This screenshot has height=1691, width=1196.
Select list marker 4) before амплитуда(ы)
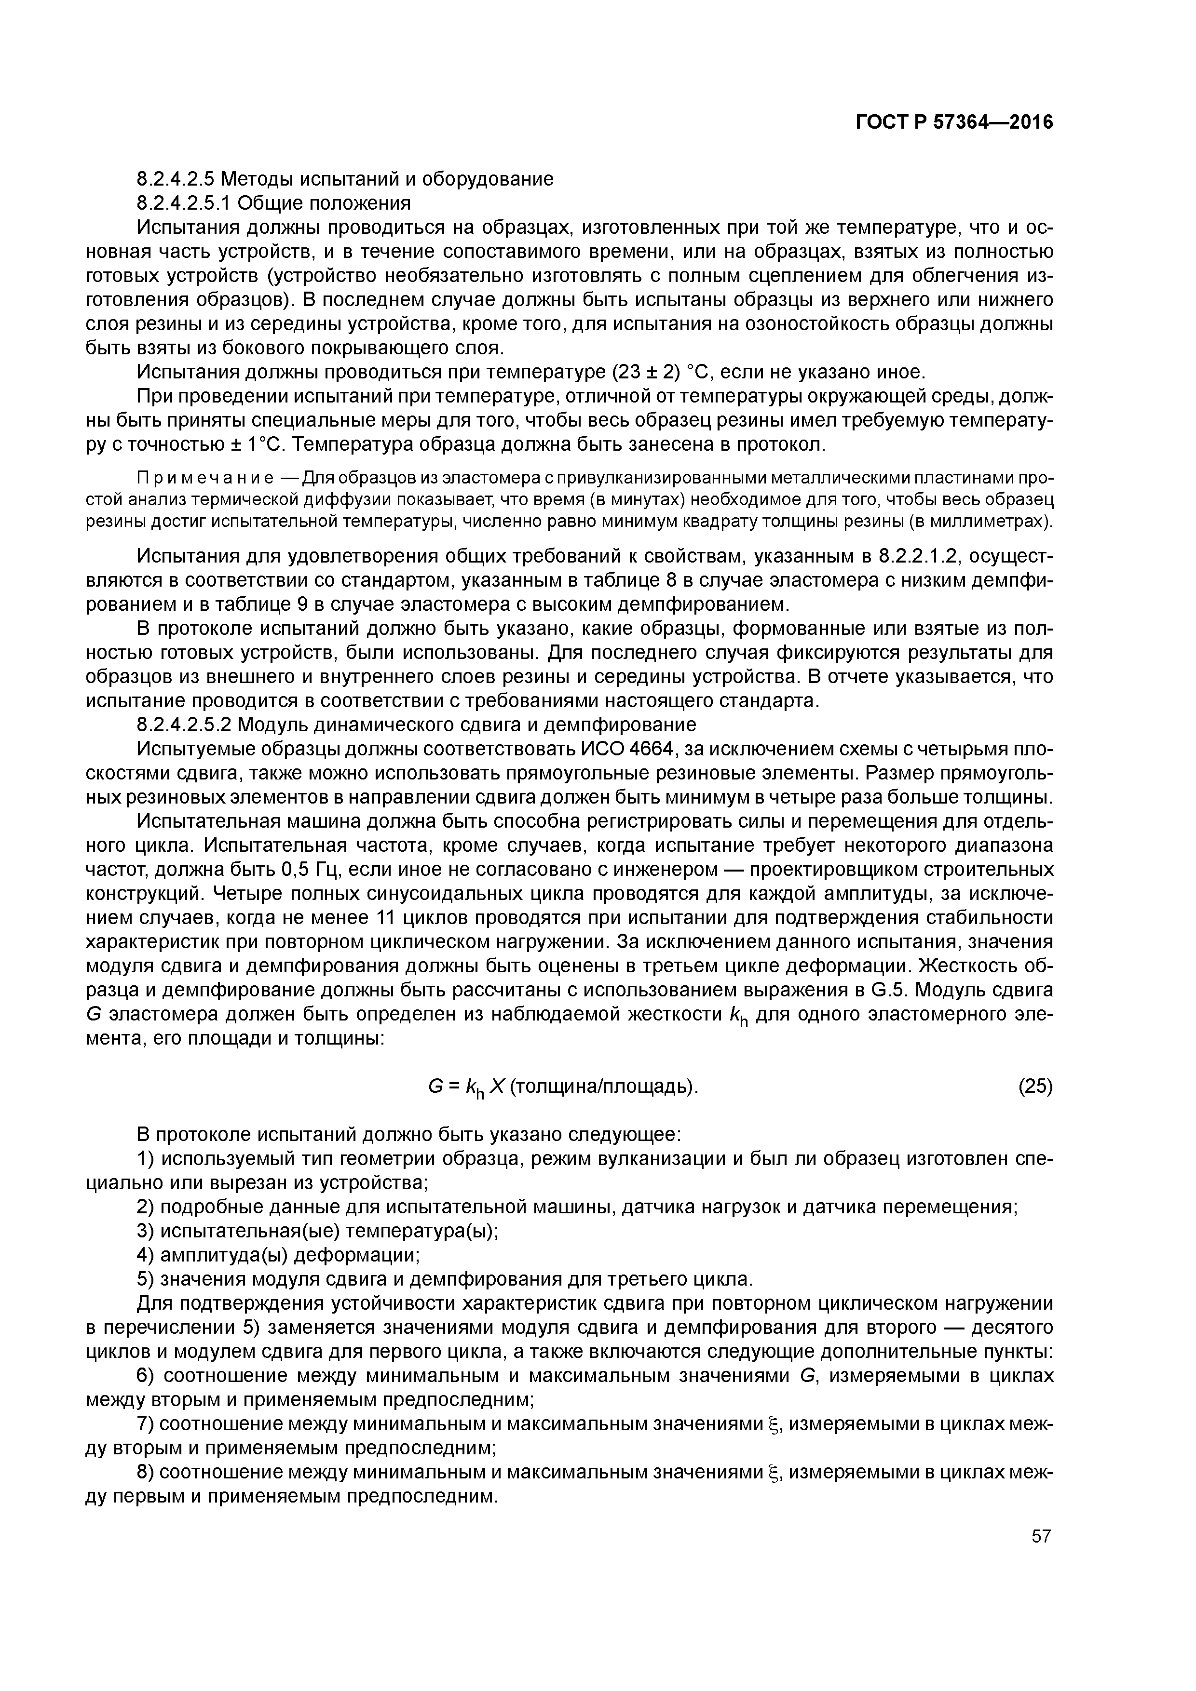click(x=146, y=1255)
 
